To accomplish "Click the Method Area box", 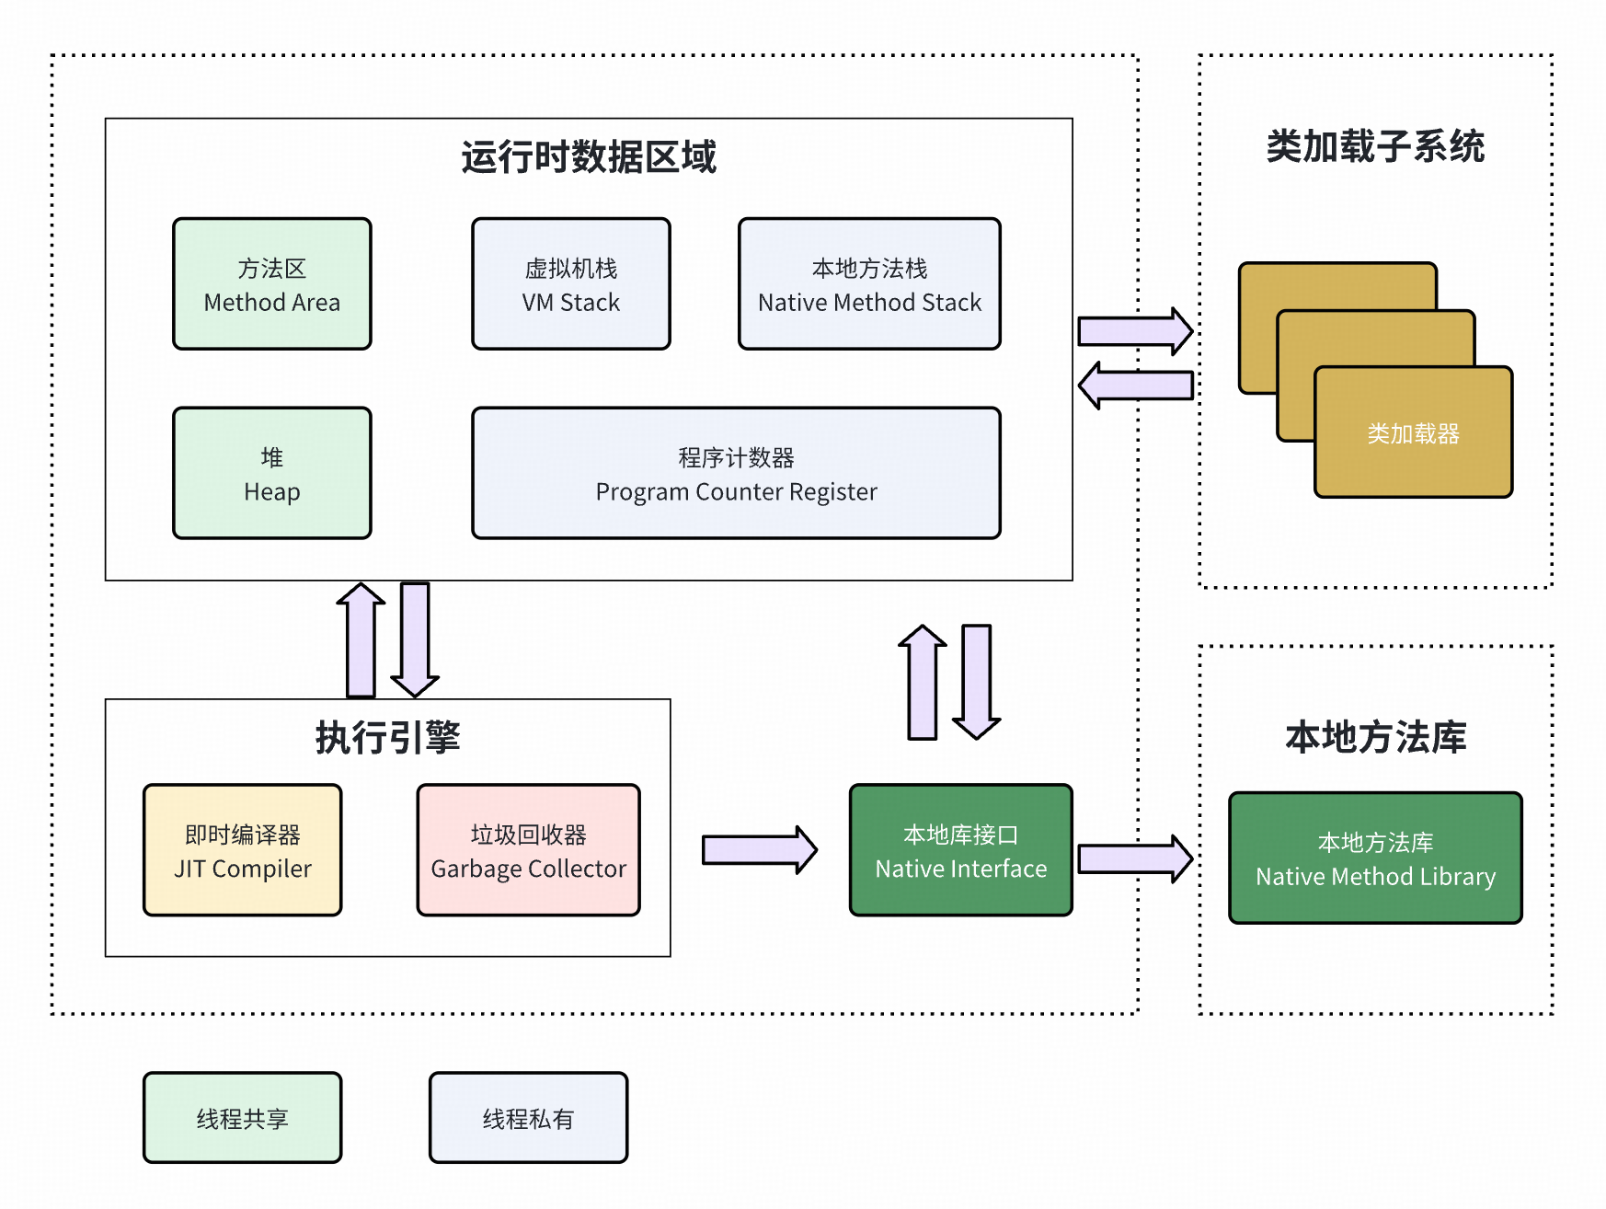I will [271, 283].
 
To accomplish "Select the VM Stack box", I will [570, 283].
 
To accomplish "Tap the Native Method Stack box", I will [869, 283].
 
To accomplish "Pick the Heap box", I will [271, 473].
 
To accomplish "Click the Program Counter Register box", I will [736, 473].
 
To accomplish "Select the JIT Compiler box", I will [242, 850].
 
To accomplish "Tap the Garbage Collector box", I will [528, 850].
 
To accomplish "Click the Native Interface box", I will [960, 850].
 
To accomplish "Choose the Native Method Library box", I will [1375, 858].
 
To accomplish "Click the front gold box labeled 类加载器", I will [1413, 432].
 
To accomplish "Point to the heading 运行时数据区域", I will [589, 156].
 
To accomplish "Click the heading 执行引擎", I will [387, 737].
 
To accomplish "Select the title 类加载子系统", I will [1375, 146].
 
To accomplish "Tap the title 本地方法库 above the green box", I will [1375, 737].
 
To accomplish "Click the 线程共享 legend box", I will [242, 1118].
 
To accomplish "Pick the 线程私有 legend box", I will [528, 1118].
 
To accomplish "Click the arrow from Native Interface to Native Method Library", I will [1134, 858].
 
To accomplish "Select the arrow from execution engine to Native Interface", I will [758, 849].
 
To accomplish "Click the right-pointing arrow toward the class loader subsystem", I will [1134, 330].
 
